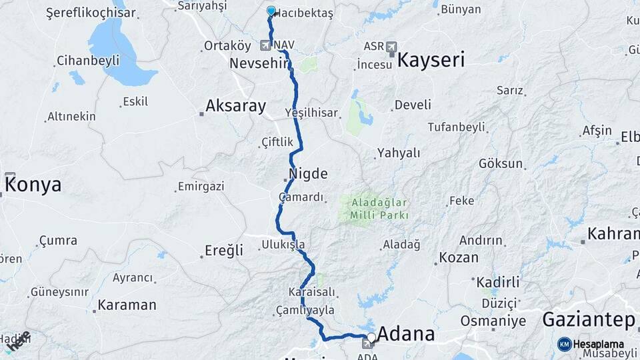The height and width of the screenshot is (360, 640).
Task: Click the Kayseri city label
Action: [431, 60]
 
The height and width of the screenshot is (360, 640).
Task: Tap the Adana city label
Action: [406, 333]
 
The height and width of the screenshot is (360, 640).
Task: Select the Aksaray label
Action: [235, 105]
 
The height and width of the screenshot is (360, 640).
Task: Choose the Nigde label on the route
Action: [308, 174]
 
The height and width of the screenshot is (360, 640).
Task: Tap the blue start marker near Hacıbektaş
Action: [271, 11]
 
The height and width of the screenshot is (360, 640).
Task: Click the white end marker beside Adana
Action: [371, 337]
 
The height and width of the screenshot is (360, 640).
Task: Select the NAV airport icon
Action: [267, 45]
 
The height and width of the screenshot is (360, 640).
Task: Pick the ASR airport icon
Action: [391, 47]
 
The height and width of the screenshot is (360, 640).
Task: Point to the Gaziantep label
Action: [588, 319]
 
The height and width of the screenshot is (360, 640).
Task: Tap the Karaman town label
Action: [127, 305]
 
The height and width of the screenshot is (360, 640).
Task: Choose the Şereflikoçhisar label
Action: [91, 13]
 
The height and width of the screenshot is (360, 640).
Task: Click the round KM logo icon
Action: [564, 344]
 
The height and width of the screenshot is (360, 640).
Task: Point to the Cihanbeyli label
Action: [88, 61]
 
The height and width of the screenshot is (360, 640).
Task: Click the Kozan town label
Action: [459, 257]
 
